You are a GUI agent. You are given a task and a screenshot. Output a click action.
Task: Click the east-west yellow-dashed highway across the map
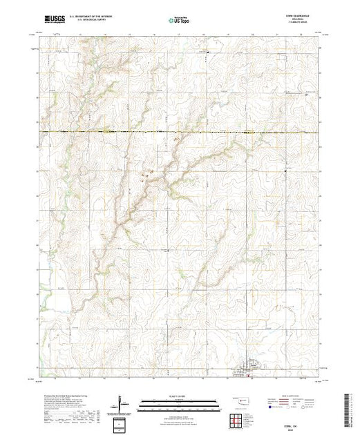tap(180, 131)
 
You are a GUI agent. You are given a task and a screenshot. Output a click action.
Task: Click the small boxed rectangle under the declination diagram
tap(122, 422)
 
